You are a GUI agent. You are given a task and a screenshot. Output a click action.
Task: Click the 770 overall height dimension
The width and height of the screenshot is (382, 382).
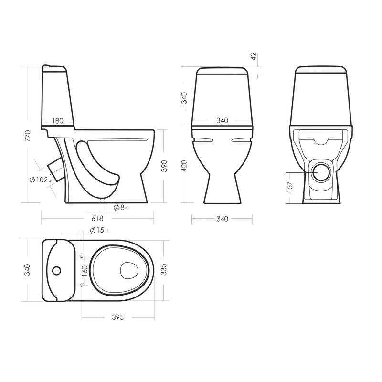click(x=28, y=136)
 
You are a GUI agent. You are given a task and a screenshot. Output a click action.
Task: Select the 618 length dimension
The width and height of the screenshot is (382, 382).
click(x=97, y=218)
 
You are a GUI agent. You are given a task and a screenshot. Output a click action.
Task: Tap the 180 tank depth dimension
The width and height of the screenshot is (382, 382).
click(x=58, y=121)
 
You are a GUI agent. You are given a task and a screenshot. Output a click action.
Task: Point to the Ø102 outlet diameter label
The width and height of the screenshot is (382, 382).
click(x=41, y=180)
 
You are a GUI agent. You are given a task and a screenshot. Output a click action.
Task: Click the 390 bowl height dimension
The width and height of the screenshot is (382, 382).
click(x=164, y=166)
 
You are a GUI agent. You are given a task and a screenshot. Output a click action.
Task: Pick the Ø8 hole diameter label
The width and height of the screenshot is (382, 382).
click(x=121, y=208)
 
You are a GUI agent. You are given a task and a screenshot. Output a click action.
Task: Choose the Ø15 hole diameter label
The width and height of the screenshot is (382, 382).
click(x=99, y=230)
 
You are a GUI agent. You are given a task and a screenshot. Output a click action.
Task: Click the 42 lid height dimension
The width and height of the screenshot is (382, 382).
click(x=254, y=56)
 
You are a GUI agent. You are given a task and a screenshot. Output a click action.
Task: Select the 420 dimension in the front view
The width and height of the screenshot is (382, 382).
click(x=184, y=166)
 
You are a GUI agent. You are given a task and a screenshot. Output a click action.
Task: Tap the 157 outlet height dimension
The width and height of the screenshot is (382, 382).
click(x=290, y=187)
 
